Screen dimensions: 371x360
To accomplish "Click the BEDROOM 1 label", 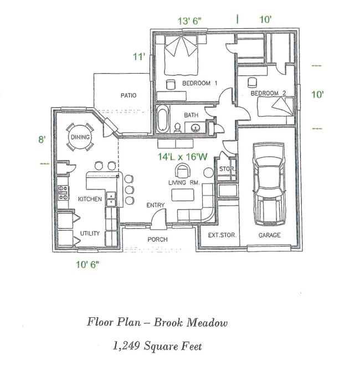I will pyautogui.click(x=200, y=83).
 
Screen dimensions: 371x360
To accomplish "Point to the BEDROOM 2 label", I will pyautogui.click(x=268, y=94).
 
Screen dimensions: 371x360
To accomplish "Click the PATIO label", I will pyautogui.click(x=128, y=95).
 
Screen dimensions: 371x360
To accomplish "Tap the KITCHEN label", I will pyautogui.click(x=89, y=199).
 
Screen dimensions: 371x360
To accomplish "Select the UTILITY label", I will pyautogui.click(x=90, y=233).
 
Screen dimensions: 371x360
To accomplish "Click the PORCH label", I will pyautogui.click(x=157, y=239).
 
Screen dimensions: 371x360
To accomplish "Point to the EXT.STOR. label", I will pyautogui.click(x=222, y=235).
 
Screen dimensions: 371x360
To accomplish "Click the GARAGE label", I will pyautogui.click(x=269, y=235).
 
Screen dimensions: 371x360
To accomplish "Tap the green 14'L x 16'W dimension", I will pyautogui.click(x=182, y=157).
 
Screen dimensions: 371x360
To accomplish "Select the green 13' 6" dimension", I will pyautogui.click(x=189, y=21).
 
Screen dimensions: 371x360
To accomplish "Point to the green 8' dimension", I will pyautogui.click(x=42, y=140).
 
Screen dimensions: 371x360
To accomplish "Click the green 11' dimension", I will pyautogui.click(x=138, y=56).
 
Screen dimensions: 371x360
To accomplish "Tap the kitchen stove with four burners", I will pyautogui.click(x=63, y=192).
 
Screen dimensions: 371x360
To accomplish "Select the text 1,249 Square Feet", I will pyautogui.click(x=157, y=347).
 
